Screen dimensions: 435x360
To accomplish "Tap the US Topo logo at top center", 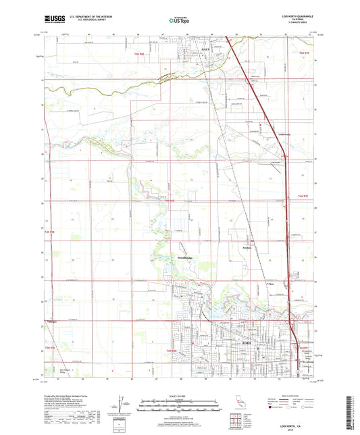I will pos(174,22).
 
